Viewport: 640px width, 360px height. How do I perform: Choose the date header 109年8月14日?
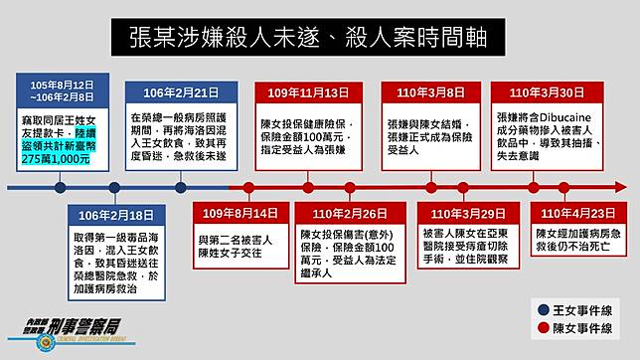click(x=240, y=214)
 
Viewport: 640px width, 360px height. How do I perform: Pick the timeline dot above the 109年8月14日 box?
click(x=240, y=186)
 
